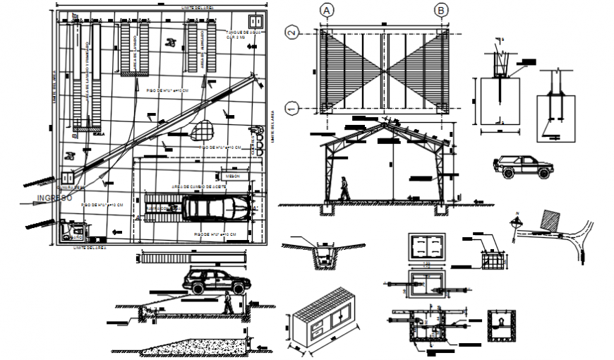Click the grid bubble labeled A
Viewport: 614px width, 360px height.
pos(326,10)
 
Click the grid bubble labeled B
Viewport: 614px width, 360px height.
pos(441,10)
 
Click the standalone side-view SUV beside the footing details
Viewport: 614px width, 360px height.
pos(523,167)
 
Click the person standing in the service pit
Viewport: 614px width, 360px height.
pos(227,304)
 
